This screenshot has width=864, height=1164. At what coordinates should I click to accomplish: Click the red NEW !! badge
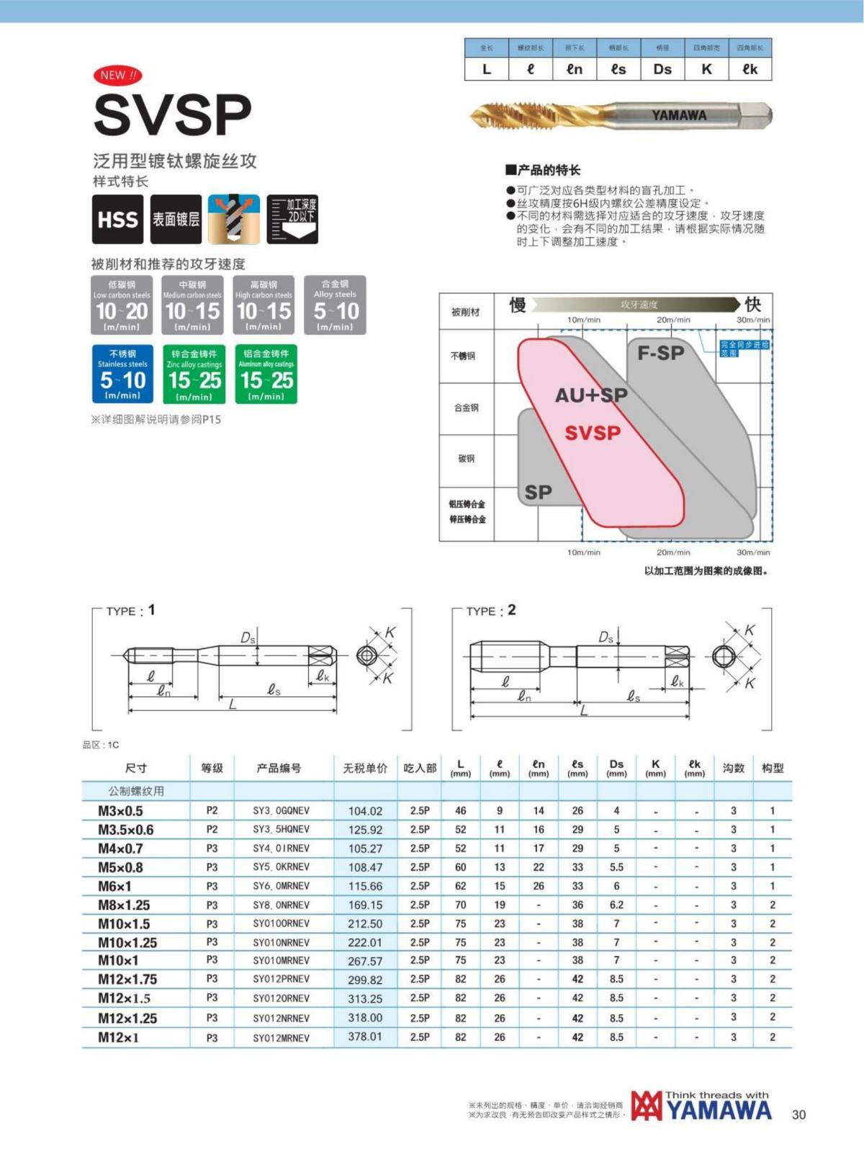(117, 75)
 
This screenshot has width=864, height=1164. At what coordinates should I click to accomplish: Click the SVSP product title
(172, 115)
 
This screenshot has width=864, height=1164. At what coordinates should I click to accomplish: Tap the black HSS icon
(117, 219)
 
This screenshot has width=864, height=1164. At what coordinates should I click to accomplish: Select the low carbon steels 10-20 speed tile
(122, 305)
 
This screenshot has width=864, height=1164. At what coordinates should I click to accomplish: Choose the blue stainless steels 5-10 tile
(122, 374)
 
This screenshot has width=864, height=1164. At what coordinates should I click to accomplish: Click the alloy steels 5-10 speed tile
(335, 305)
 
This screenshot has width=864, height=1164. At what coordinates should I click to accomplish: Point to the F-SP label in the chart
(660, 353)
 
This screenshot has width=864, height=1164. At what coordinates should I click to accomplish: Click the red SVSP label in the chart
(592, 433)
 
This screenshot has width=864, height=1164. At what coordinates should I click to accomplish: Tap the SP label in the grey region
(538, 492)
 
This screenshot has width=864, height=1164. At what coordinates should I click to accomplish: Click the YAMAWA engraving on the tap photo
(678, 115)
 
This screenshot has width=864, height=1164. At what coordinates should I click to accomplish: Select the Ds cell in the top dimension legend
(662, 69)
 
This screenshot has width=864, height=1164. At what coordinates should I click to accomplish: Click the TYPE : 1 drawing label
(130, 611)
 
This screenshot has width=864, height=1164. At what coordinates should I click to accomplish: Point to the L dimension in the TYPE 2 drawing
(583, 711)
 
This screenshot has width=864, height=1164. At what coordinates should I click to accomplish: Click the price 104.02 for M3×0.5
(365, 811)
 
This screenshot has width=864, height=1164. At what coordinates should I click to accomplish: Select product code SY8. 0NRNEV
(281, 905)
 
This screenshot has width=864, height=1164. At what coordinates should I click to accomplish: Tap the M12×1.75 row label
(127, 980)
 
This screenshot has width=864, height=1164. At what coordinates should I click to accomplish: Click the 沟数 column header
(733, 768)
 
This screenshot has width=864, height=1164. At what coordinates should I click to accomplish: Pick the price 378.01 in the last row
(365, 1037)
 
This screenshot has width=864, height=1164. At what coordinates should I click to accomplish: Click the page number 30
(798, 1114)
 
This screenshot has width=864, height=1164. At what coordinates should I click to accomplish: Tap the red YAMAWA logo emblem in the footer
(646, 1106)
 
